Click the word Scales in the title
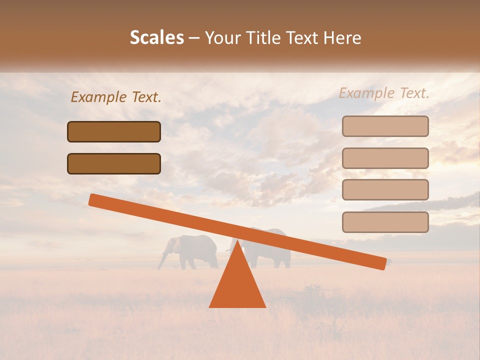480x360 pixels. (156, 37)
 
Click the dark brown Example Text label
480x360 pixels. (116, 97)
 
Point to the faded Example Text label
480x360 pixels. (384, 93)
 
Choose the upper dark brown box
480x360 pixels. (114, 131)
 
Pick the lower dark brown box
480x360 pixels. (114, 163)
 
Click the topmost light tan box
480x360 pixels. (385, 126)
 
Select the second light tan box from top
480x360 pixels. (385, 158)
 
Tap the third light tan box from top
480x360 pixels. (385, 189)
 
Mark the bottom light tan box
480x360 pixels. (385, 222)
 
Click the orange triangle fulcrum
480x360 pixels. (237, 285)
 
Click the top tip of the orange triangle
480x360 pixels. (237, 242)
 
